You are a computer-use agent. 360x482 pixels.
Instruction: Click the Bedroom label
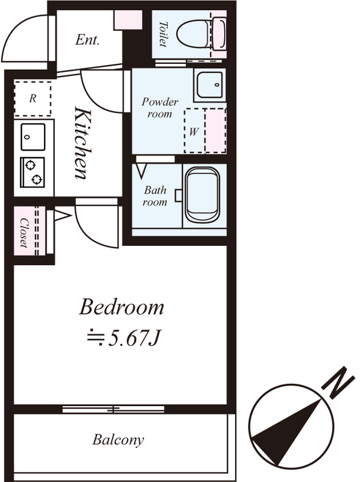click(x=121, y=307)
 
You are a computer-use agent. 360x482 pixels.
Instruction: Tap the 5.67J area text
click(x=122, y=338)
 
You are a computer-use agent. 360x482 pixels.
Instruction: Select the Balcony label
click(x=118, y=440)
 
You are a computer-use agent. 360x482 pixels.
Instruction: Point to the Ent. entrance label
click(x=87, y=40)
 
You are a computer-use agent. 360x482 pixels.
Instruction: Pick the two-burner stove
click(x=33, y=172)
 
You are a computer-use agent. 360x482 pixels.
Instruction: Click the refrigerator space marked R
click(x=33, y=98)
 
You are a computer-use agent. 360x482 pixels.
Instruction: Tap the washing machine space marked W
click(x=194, y=131)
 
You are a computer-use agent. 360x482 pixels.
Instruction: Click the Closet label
click(x=24, y=233)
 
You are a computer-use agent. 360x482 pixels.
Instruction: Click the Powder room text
click(x=160, y=108)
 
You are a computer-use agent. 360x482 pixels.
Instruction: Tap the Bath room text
click(x=156, y=196)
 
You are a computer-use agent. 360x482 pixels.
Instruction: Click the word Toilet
click(x=163, y=34)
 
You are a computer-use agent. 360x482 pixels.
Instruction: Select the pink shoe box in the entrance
click(x=128, y=20)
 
